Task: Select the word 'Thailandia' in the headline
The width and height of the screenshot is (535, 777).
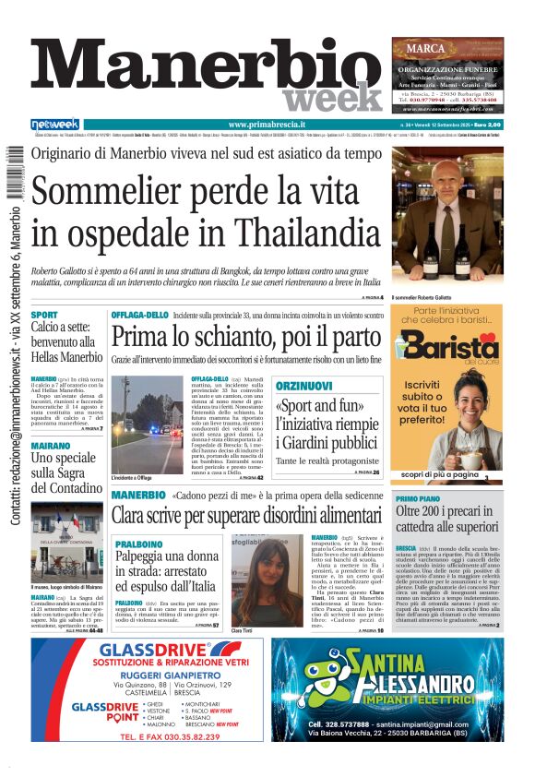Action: point(292,232)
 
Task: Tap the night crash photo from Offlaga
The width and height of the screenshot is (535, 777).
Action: point(148,423)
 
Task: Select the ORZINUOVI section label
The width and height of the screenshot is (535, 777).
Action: point(304,384)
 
